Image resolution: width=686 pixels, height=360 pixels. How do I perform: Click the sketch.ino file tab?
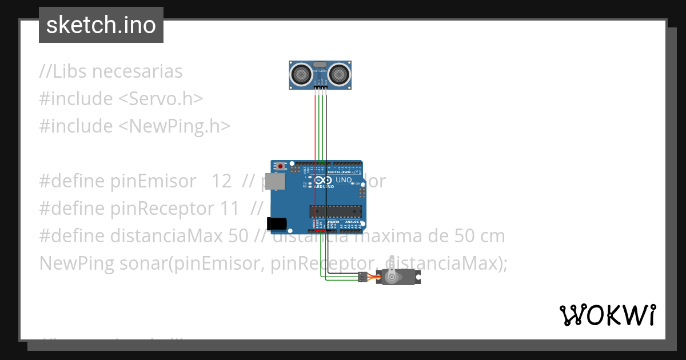[x=101, y=25]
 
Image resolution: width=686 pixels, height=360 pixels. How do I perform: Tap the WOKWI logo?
[x=607, y=315]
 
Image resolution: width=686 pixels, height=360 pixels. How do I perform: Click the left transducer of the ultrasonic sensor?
[x=301, y=73]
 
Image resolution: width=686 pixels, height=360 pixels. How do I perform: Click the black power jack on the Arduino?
[x=276, y=223]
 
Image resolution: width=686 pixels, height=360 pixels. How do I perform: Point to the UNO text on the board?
[x=343, y=180]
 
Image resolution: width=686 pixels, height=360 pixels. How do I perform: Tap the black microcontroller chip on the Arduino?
[x=336, y=211]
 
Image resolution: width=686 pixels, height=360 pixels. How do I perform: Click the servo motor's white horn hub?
[x=392, y=277]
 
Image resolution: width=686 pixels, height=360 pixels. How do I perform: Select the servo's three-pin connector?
[x=362, y=277]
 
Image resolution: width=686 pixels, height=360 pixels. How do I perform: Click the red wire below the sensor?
[x=314, y=126]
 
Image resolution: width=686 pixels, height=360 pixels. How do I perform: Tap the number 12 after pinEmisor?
[x=222, y=181]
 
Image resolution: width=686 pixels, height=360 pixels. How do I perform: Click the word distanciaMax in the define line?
[x=167, y=235]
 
